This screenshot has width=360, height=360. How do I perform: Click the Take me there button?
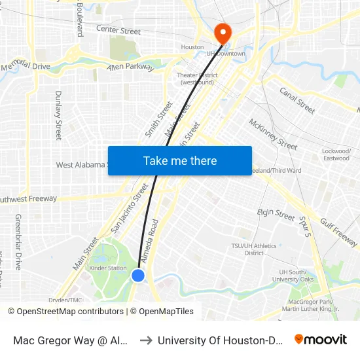click(x=180, y=160)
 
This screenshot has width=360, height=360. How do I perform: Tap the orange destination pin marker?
click(x=223, y=33)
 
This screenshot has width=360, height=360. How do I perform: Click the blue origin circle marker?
click(x=138, y=276)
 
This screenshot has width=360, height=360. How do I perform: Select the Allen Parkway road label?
click(x=130, y=67)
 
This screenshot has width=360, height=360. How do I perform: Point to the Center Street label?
click(x=118, y=30)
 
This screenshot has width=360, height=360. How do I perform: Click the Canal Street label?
click(x=297, y=99)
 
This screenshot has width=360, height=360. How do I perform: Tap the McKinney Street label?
click(x=273, y=134)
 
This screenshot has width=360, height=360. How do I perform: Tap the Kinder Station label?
click(x=109, y=268)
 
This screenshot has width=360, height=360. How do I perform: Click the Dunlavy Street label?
click(x=58, y=115)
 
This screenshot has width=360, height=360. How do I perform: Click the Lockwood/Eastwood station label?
click(x=336, y=154)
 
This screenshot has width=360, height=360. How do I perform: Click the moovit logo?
click(x=321, y=339)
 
